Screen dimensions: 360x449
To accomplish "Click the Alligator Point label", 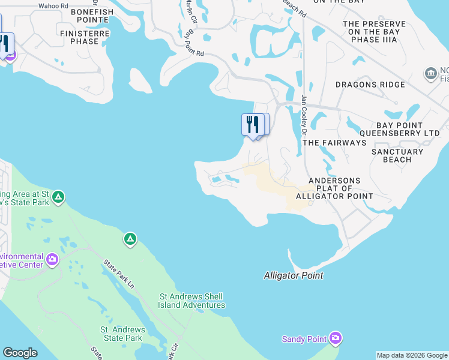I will click(294, 275).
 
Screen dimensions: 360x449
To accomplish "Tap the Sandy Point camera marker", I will click(336, 339).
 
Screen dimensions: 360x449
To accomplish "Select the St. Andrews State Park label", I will click(122, 334).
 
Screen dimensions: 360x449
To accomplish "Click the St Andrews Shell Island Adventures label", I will click(191, 301).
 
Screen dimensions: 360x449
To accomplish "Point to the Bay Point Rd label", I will click(193, 44).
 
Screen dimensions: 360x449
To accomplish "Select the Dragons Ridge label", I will click(370, 85).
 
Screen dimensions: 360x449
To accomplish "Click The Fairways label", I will click(334, 143).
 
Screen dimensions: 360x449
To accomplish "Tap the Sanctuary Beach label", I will click(397, 155).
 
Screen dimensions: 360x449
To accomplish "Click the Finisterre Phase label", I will click(79, 37).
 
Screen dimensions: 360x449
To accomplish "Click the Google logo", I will click(20, 353).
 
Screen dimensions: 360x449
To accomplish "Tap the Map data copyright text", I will click(412, 355).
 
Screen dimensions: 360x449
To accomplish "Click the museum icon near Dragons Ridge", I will click(431, 73).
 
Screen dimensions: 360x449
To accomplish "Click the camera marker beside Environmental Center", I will click(53, 259).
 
